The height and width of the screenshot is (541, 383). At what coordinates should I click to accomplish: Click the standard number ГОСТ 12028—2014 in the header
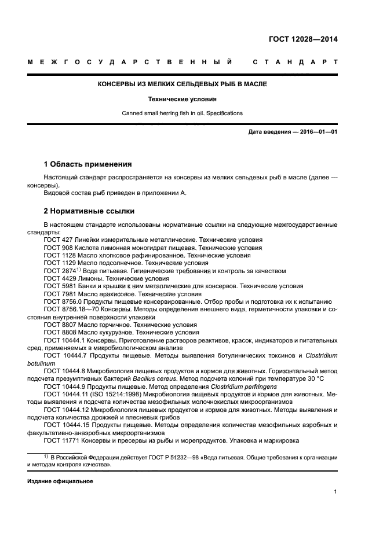(303, 39)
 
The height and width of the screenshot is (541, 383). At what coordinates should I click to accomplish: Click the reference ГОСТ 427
(56, 240)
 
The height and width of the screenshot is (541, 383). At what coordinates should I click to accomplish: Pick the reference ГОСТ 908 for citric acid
(56, 247)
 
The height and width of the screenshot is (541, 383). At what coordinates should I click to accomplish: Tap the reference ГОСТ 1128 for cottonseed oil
(58, 255)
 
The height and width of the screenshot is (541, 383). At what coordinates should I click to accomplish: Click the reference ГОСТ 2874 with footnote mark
(58, 271)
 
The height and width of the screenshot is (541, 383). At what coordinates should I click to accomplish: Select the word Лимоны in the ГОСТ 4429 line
(90, 278)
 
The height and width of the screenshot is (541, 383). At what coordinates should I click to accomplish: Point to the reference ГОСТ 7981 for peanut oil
(58, 294)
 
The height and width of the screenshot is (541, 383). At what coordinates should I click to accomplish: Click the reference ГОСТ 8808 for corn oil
(58, 333)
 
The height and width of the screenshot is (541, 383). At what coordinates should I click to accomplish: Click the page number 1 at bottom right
(335, 492)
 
